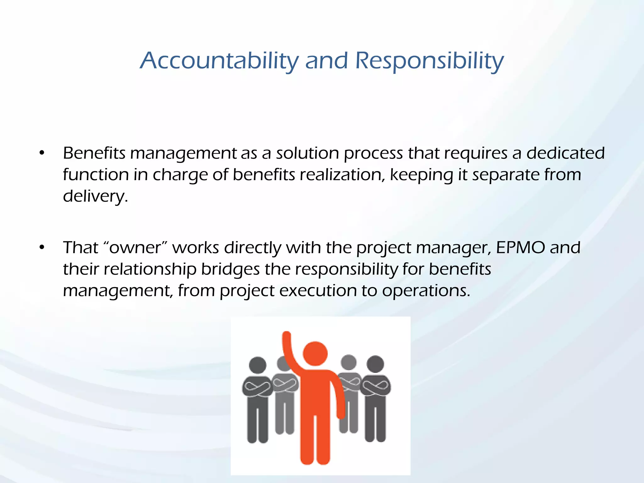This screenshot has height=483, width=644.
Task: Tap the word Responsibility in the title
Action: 430,61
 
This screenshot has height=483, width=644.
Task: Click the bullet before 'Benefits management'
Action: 42,153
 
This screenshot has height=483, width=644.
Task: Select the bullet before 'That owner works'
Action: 42,248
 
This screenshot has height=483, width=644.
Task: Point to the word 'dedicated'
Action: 565,153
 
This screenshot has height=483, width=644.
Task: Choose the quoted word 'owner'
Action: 135,247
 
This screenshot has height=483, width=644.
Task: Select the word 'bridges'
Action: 230,269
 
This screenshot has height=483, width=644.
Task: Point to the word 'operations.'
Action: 426,291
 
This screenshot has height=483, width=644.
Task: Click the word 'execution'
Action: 318,291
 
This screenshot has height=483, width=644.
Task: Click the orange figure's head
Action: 315,353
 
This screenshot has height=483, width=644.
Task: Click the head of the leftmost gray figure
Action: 258,365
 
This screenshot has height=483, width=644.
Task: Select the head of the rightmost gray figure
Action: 375,364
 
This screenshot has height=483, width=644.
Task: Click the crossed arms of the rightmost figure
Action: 375,385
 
